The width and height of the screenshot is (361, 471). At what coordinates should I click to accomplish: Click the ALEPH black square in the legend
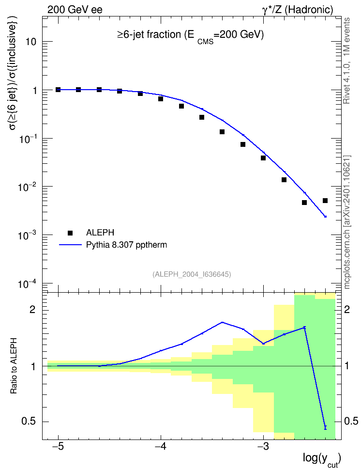[x=70, y=233]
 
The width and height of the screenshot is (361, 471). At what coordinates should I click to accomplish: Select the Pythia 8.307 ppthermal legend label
[x=126, y=245]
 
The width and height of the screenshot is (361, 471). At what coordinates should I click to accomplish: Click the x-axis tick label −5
[x=58, y=446]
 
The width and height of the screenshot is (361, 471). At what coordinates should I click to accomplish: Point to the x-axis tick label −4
[x=161, y=446]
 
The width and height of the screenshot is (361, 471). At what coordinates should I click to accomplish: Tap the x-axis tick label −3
[x=263, y=446]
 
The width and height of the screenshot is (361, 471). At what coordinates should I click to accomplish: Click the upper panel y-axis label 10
[x=31, y=42]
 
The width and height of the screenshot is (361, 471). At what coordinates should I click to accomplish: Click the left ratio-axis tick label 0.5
[x=29, y=422]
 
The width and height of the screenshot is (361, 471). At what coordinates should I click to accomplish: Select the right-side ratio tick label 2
[x=347, y=309]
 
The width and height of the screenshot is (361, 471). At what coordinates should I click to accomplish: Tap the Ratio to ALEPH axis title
[x=14, y=366]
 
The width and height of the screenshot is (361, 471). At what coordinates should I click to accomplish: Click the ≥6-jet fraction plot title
[x=190, y=36]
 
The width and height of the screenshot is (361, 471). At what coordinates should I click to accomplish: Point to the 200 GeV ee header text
[x=75, y=10]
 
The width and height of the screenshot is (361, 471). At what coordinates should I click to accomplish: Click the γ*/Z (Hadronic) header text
[x=298, y=10]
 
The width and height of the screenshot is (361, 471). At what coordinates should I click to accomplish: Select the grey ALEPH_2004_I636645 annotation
[x=192, y=274]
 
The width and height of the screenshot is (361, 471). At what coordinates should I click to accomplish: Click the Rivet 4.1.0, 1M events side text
[x=346, y=61]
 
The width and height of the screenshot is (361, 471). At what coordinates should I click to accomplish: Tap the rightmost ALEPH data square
[x=325, y=201]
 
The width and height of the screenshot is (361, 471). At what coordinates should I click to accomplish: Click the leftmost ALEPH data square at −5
[x=58, y=90]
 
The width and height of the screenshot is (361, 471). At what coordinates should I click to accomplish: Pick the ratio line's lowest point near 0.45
[x=325, y=428]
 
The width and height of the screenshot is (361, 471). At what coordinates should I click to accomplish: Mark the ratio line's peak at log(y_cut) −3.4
[x=222, y=322]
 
